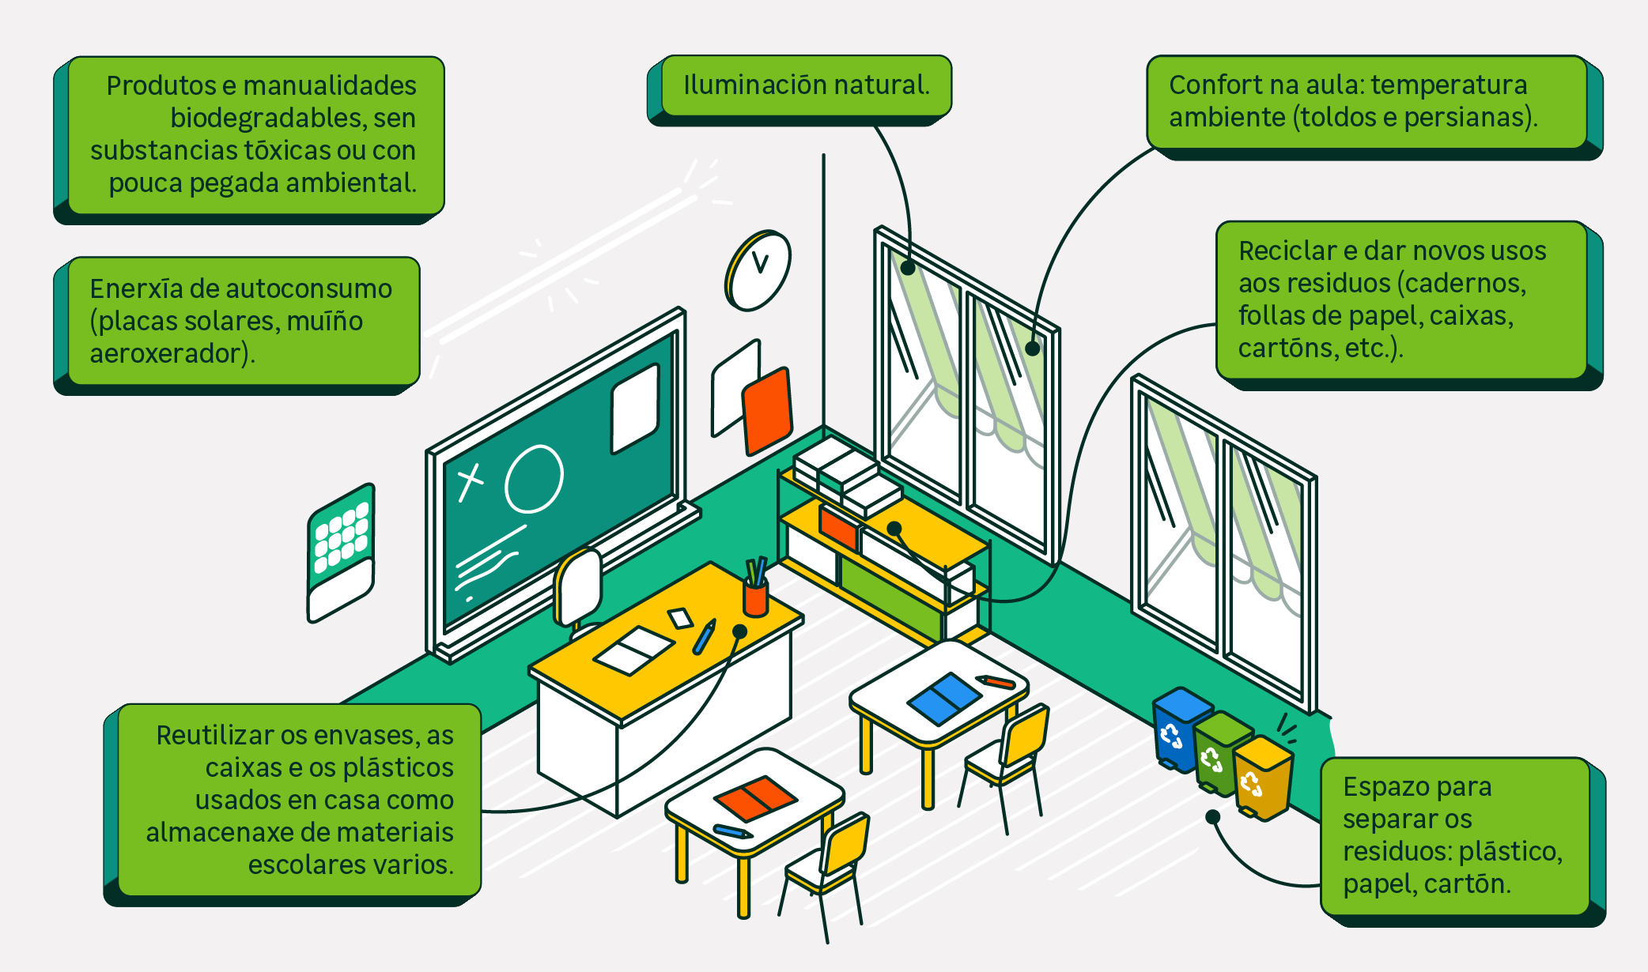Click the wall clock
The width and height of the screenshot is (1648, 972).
[758, 271]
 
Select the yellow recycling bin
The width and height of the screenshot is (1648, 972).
[1262, 778]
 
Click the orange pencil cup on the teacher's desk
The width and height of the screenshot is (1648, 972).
[756, 597]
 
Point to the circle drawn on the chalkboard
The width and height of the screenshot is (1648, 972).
[534, 478]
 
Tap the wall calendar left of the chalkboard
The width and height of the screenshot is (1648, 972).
[341, 552]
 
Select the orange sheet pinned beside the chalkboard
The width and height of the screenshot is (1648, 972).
[766, 411]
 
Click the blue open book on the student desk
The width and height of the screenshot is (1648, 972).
[944, 698]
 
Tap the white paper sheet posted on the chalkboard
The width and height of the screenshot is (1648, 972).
[635, 408]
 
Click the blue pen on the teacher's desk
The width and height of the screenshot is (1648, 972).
[703, 637]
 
